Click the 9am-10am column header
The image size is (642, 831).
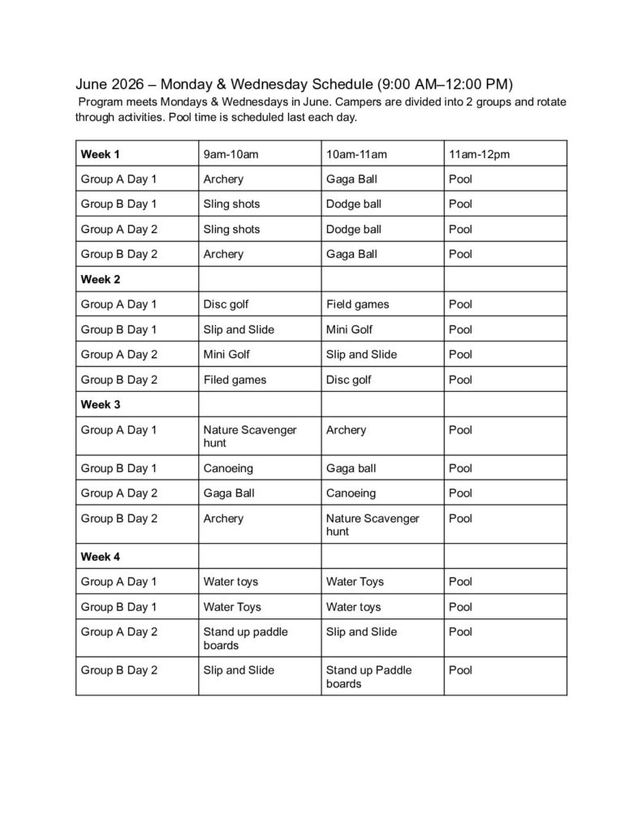[231, 153]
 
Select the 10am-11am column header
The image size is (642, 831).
[356, 153]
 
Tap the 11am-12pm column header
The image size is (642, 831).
[479, 153]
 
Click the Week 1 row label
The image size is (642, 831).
[100, 153]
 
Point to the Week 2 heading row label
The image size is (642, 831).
[100, 279]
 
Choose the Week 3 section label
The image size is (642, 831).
[100, 404]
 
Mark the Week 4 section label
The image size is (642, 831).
[100, 557]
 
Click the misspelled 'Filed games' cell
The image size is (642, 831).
[235, 380]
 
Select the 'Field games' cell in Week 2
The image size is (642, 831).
[357, 304]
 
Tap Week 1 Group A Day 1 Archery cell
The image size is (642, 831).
[223, 179]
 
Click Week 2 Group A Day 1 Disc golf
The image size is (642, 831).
[226, 304]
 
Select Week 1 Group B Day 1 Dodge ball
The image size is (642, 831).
[353, 204]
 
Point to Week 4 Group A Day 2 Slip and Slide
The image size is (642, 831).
[361, 631]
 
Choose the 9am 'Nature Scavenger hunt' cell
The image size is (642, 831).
[249, 436]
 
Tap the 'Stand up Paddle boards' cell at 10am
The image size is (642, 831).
[368, 677]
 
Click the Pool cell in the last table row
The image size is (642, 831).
[460, 670]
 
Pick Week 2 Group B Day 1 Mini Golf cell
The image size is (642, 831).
[349, 329]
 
